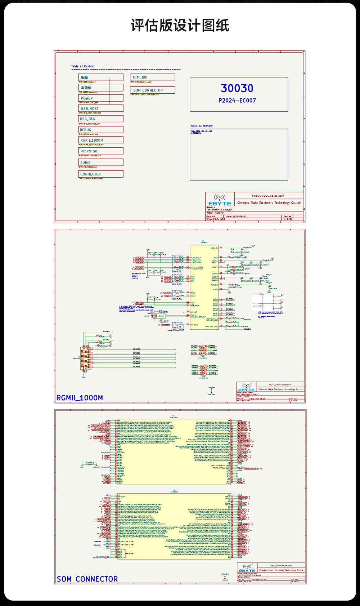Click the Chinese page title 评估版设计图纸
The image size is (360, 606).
pos(180,26)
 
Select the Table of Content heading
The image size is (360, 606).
pos(83,66)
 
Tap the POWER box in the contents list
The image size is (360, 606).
pos(100,98)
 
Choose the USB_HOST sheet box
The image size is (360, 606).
pos(100,108)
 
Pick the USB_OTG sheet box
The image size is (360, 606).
pos(100,119)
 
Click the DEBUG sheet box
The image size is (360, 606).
pos(100,130)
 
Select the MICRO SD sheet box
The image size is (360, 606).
pos(100,151)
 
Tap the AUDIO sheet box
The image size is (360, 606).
pos(100,162)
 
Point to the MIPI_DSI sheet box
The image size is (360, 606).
pos(152,77)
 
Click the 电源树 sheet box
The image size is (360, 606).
pos(100,88)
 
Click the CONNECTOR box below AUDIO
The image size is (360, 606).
pos(100,174)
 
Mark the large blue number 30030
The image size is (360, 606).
pos(237,88)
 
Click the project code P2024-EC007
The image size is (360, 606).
pos(237,101)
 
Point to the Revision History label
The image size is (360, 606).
pos(202,126)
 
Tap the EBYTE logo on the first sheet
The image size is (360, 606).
pos(220,200)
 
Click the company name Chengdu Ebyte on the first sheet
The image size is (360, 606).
pos(269,203)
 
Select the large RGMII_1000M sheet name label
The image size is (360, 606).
pos(80,398)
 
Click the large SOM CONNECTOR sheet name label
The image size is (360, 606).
pos(87,579)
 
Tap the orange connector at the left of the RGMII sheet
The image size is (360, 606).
pos(85,358)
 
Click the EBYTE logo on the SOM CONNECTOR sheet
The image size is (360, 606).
pos(247,568)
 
